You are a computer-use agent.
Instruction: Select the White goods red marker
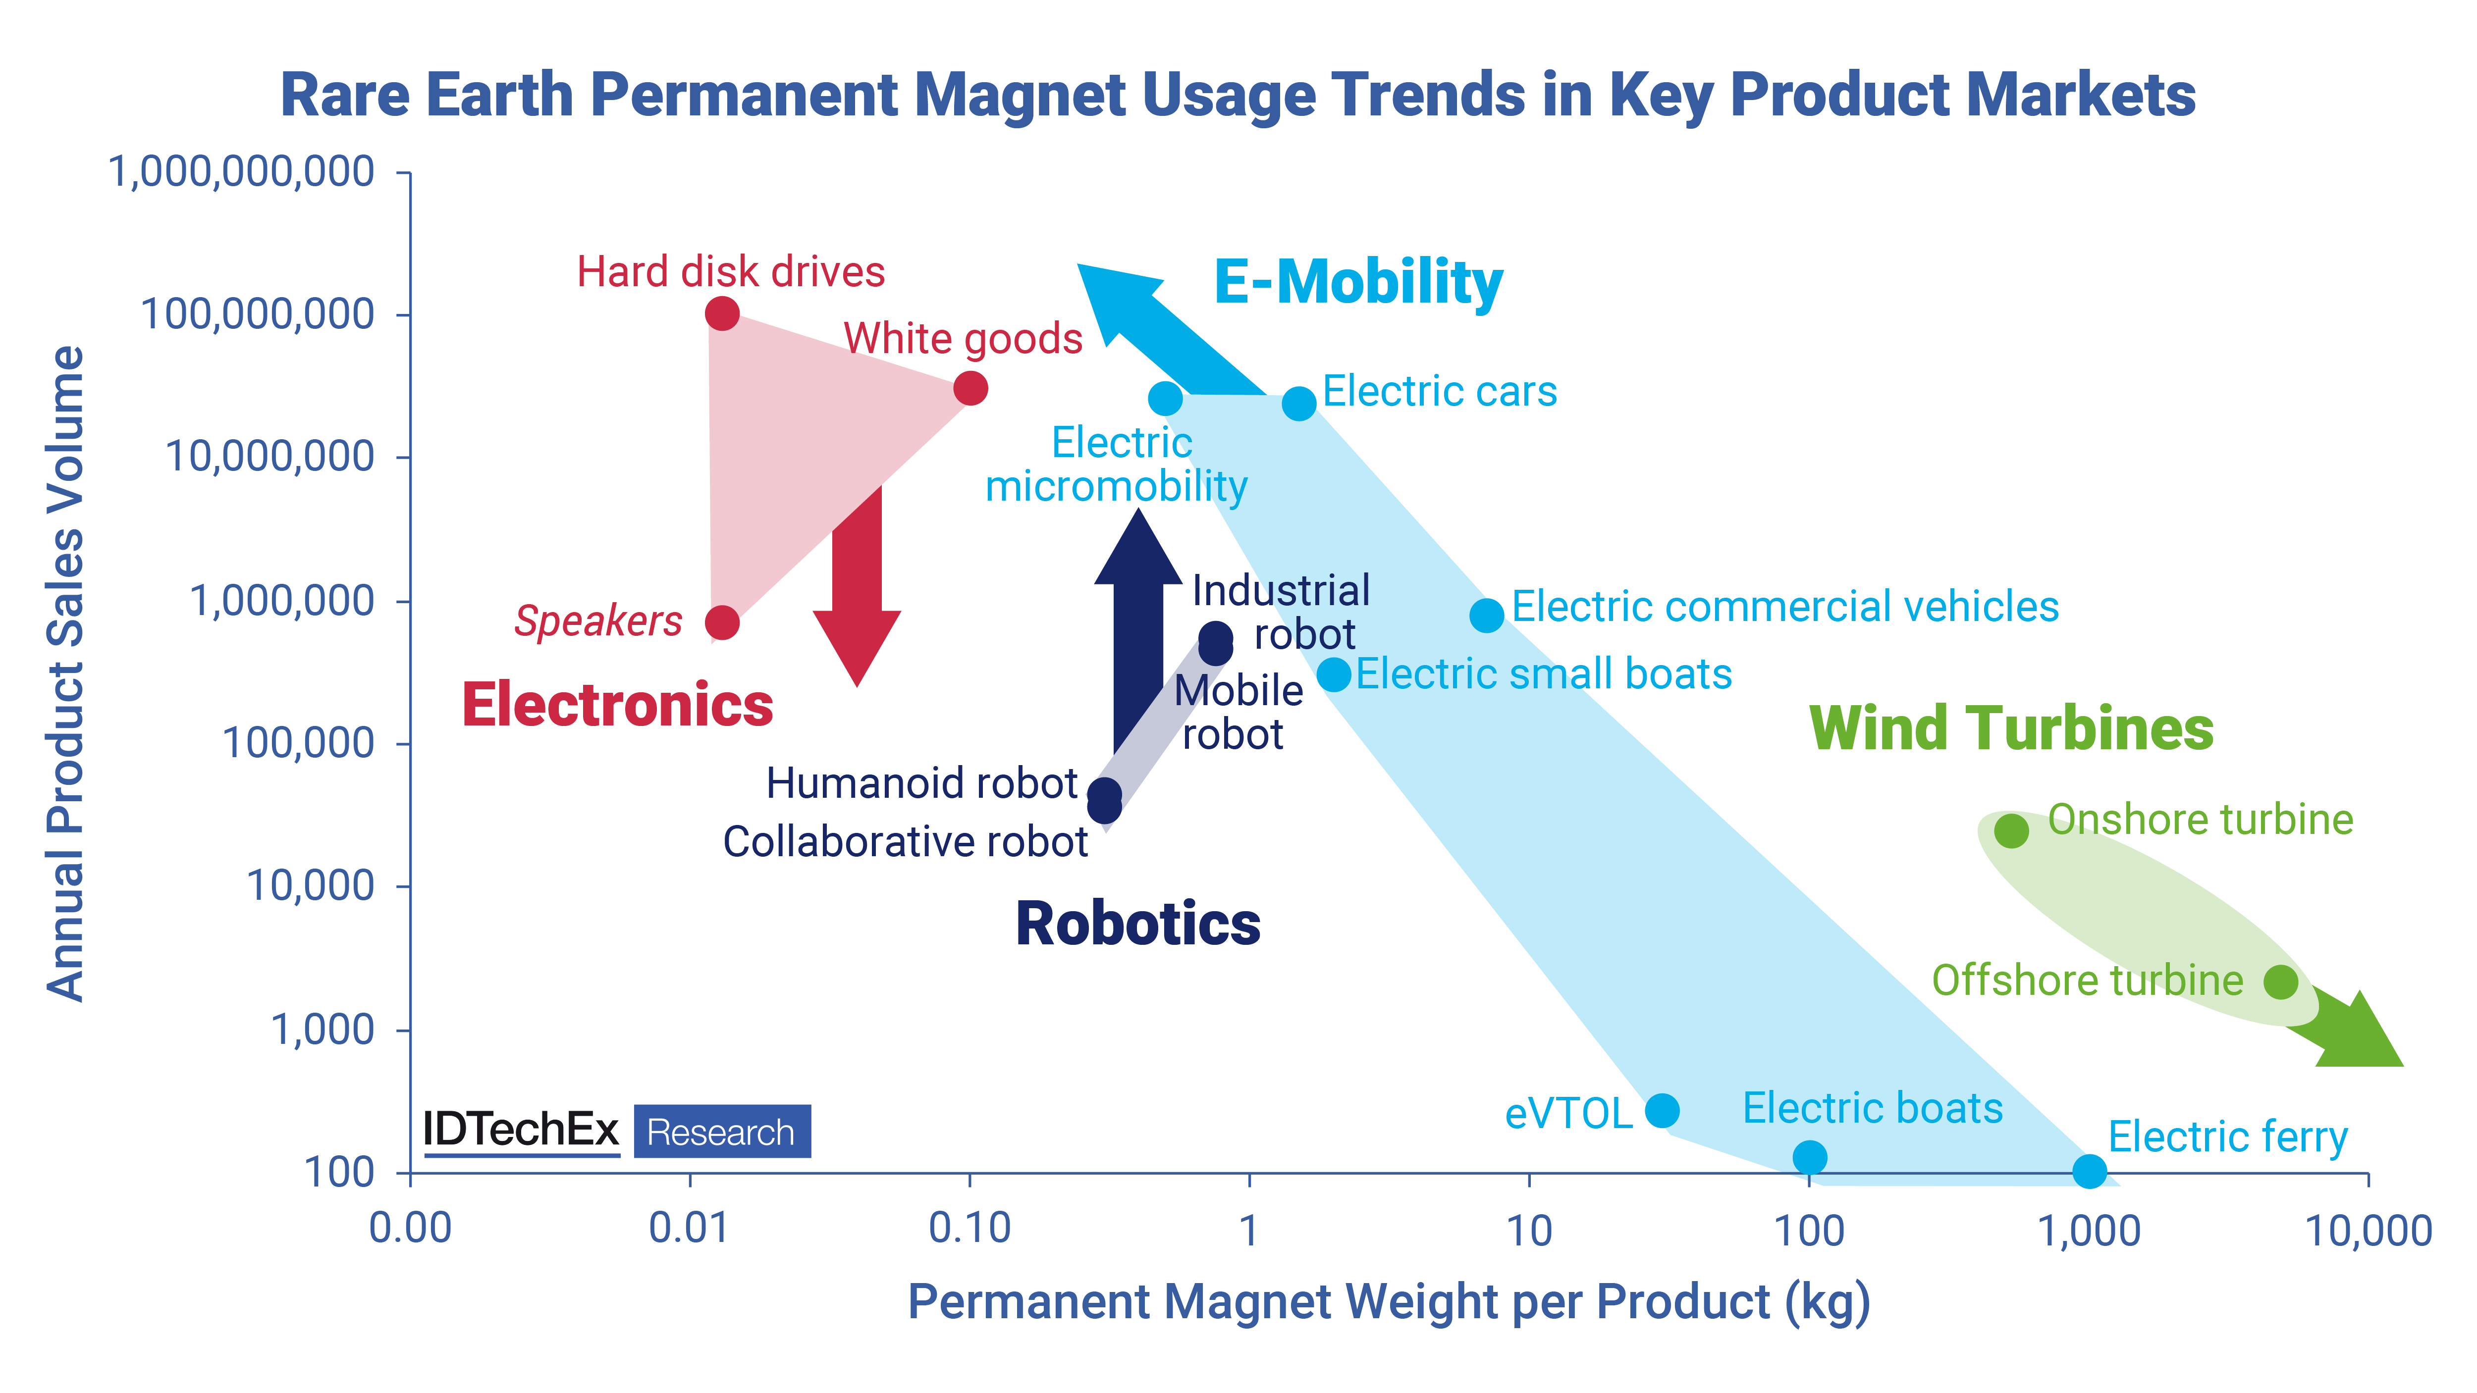[970, 388]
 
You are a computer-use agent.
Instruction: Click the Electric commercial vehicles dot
[1487, 615]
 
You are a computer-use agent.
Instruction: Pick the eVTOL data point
[1662, 1110]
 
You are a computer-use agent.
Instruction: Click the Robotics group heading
[1137, 924]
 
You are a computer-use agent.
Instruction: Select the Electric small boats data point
[1334, 674]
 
